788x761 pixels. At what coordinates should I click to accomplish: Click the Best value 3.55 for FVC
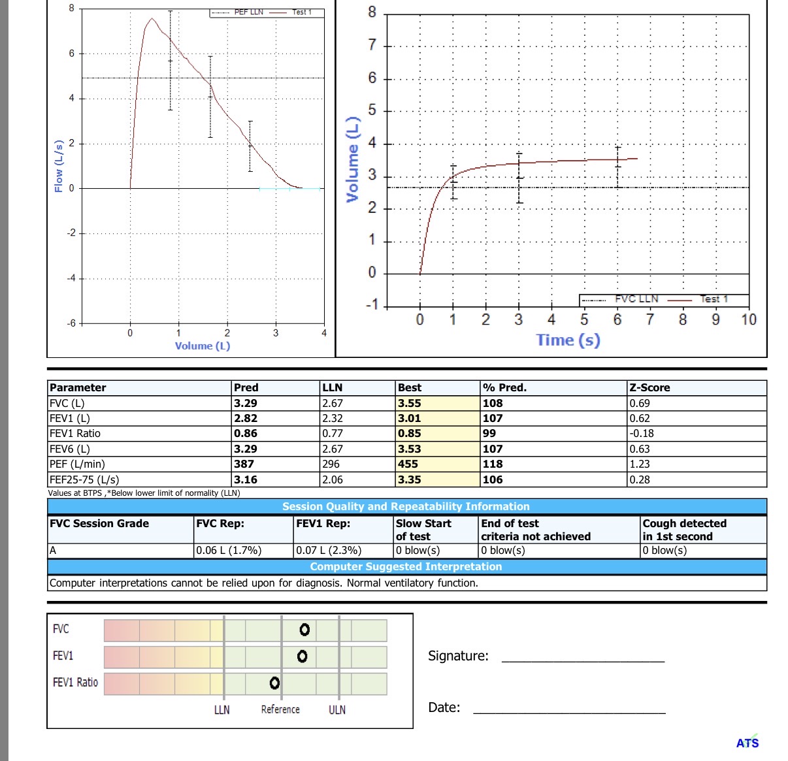tap(410, 404)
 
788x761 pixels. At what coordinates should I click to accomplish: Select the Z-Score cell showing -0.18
tap(642, 434)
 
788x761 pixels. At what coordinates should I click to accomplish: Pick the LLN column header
tap(333, 388)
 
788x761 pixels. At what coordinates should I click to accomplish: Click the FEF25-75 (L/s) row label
tap(84, 479)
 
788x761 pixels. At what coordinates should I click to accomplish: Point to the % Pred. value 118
tap(493, 464)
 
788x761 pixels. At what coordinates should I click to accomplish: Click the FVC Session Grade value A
tap(53, 551)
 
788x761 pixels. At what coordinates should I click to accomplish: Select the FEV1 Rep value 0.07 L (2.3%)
tap(329, 551)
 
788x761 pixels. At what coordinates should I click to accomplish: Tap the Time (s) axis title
tap(568, 340)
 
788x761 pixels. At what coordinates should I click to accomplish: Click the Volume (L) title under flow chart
tap(203, 346)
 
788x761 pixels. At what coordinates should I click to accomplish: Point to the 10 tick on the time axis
tap(748, 320)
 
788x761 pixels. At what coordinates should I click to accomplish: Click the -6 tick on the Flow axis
tap(71, 323)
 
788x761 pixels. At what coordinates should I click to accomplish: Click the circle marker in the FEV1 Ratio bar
tap(274, 683)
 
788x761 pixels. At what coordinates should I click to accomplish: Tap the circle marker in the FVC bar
tap(304, 630)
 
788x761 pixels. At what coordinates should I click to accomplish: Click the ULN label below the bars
tap(337, 710)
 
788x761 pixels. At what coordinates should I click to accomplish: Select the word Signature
tap(458, 656)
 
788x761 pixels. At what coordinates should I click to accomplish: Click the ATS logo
tap(747, 743)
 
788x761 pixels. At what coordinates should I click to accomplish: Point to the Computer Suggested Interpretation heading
tap(406, 567)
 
